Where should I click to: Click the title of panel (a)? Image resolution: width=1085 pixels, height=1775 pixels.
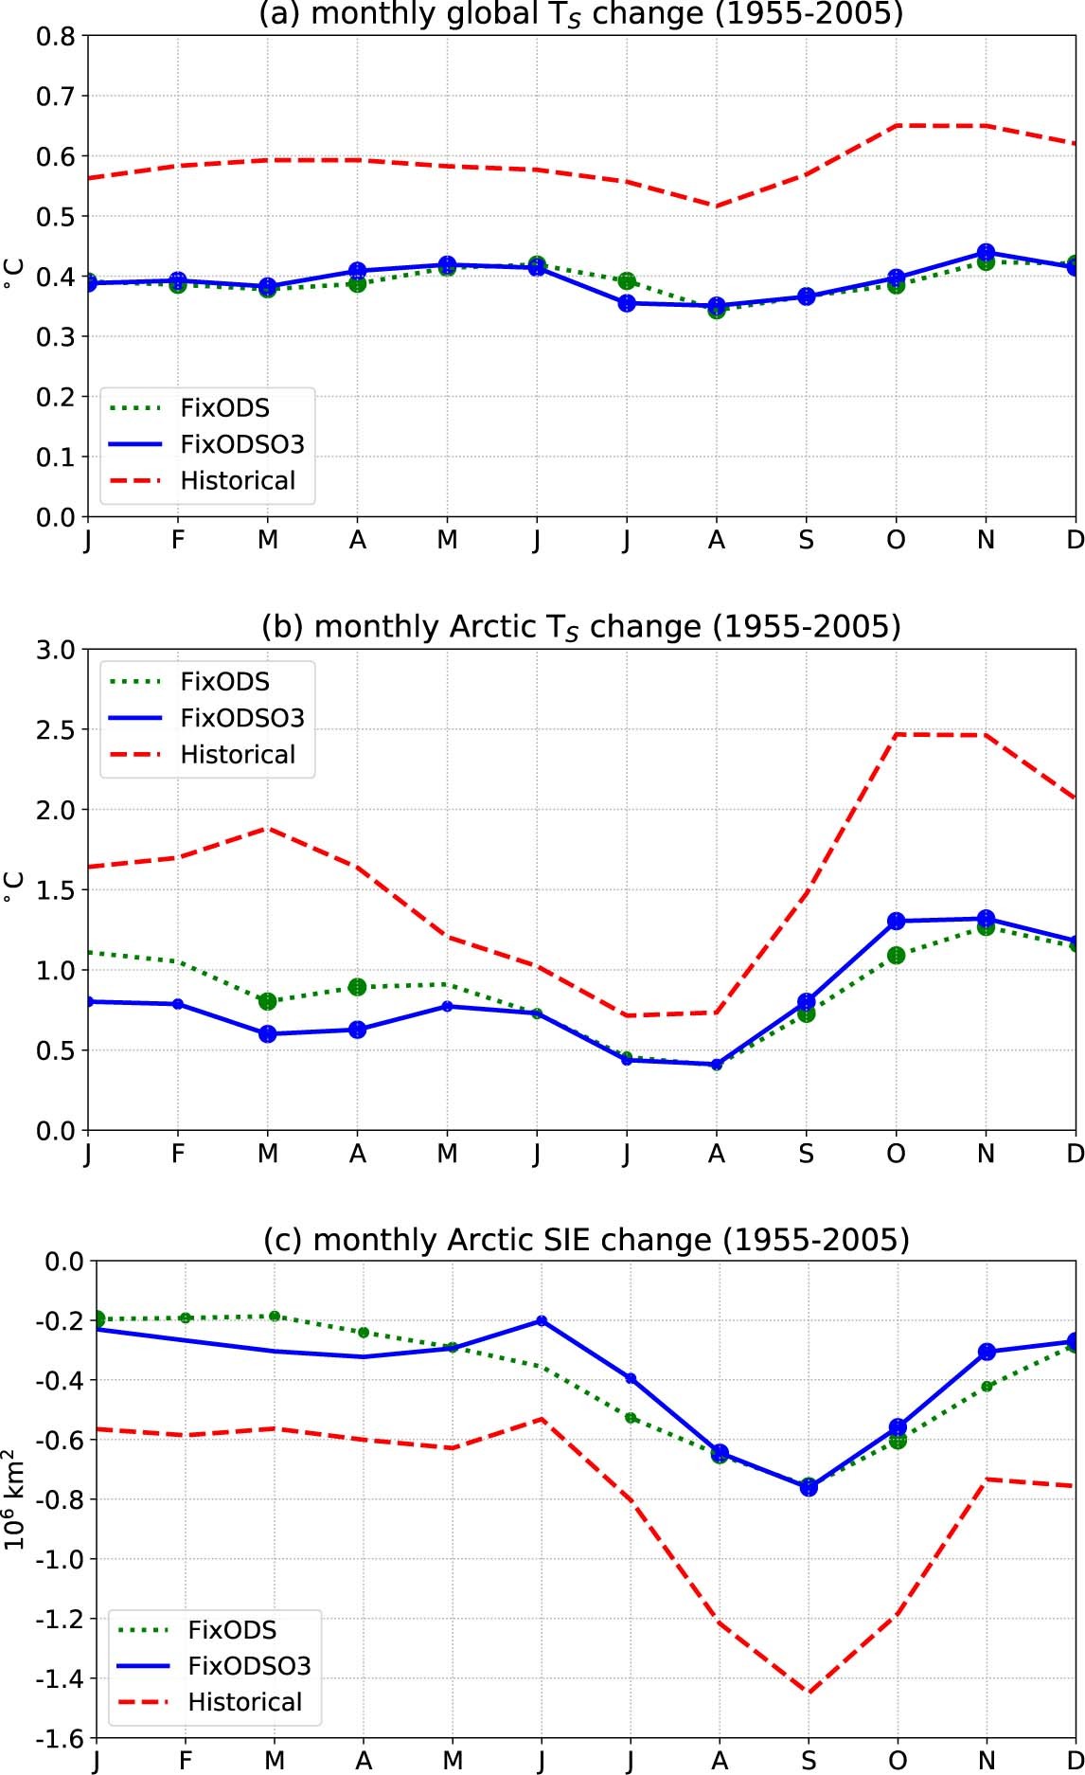click(x=580, y=13)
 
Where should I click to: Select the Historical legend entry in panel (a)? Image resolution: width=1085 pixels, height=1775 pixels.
click(x=238, y=480)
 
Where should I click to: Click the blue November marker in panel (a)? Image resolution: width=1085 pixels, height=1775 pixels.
click(x=986, y=253)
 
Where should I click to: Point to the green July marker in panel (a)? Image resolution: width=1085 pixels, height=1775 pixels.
click(x=627, y=281)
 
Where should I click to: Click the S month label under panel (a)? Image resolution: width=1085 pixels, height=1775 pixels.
click(x=806, y=540)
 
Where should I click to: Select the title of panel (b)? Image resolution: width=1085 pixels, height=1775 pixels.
click(x=580, y=627)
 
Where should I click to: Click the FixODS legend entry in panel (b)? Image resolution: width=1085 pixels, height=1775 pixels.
click(x=224, y=682)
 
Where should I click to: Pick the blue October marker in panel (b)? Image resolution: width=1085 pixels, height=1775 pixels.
click(x=896, y=921)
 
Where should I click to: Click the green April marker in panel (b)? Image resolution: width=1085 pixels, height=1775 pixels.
click(x=357, y=987)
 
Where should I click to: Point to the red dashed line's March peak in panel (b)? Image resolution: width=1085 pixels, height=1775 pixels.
click(x=268, y=828)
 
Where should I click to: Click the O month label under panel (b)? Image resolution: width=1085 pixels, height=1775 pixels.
click(x=896, y=1154)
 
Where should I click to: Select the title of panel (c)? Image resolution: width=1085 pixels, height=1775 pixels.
click(x=585, y=1240)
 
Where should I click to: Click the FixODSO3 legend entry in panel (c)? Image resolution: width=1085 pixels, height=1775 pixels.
click(x=249, y=1666)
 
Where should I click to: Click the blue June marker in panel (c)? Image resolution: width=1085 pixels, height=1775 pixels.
click(x=542, y=1320)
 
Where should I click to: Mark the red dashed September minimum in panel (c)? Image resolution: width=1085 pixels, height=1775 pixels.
click(x=809, y=1692)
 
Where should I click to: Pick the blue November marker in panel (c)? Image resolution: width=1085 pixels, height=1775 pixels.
click(x=987, y=1352)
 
